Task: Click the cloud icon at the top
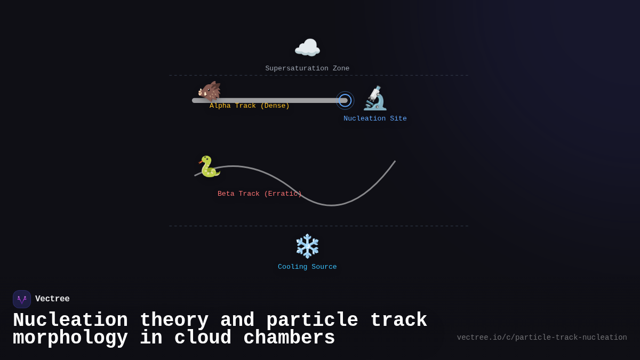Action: point(307,48)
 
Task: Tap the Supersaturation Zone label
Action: point(307,69)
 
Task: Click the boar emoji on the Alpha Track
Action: point(209,91)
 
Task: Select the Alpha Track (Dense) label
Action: point(250,106)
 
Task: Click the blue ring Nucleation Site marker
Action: point(345,100)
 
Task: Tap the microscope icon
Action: point(375,98)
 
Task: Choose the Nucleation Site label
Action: point(375,119)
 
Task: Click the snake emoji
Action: point(209,166)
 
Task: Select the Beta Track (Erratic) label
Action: point(260,194)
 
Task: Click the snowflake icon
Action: point(307,246)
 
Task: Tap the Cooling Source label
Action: point(307,267)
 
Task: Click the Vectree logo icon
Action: point(22,299)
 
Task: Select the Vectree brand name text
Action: point(52,299)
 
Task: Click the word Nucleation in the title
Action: point(70,321)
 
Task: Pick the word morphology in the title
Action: point(70,338)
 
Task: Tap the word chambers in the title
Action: point(289,338)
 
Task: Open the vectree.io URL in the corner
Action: point(542,338)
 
